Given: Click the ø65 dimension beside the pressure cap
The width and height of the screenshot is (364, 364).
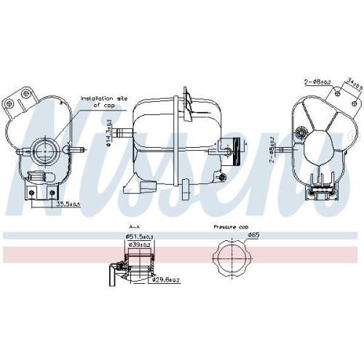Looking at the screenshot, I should (x=253, y=236).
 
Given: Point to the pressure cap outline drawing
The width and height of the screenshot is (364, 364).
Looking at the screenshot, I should (x=226, y=259).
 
